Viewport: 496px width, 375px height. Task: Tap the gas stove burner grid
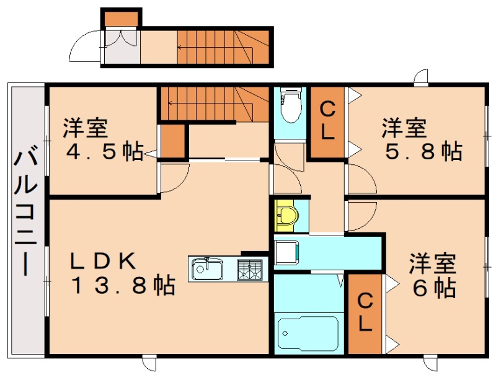point(250,270)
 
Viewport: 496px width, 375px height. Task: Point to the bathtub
point(308,333)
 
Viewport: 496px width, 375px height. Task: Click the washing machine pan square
point(286,252)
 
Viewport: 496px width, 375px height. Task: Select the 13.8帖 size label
point(123,285)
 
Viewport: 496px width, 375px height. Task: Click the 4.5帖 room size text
point(104,152)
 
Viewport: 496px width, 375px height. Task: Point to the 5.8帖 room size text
point(424,151)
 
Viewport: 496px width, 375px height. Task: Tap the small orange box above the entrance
point(121,19)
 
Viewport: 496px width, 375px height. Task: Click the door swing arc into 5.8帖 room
point(369,173)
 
